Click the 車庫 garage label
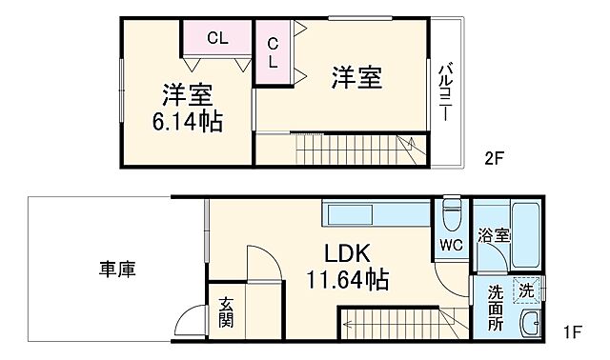tap(116, 270)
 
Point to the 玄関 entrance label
tap(226, 311)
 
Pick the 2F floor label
tap(492, 159)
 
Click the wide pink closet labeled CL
tap(217, 39)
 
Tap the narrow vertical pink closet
tap(272, 52)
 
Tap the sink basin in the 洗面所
tap(530, 324)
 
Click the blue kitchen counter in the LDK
tap(376, 212)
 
